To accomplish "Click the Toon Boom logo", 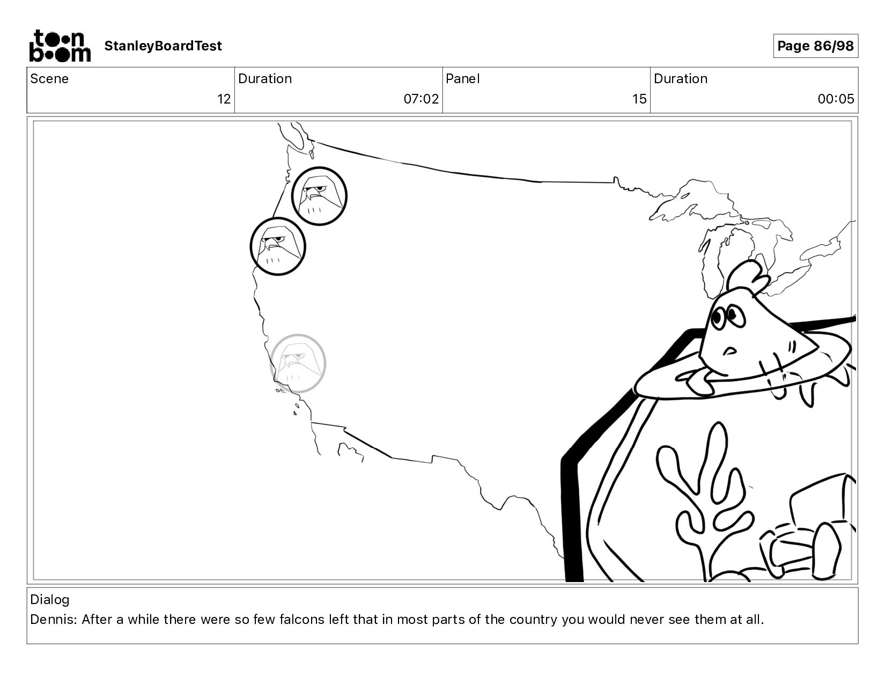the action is [60, 46].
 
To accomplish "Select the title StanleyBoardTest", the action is [163, 46].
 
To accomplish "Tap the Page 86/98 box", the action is [815, 46].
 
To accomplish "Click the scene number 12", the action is [224, 99].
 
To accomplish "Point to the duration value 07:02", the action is [421, 99].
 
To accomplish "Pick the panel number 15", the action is [639, 99].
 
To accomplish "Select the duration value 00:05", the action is [836, 99].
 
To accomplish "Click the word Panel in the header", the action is [463, 79].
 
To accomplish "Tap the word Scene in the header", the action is [49, 79].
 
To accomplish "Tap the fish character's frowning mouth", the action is [730, 350].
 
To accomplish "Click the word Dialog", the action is [50, 600].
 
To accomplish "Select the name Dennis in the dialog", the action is [53, 620].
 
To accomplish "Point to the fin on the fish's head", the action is [747, 277].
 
